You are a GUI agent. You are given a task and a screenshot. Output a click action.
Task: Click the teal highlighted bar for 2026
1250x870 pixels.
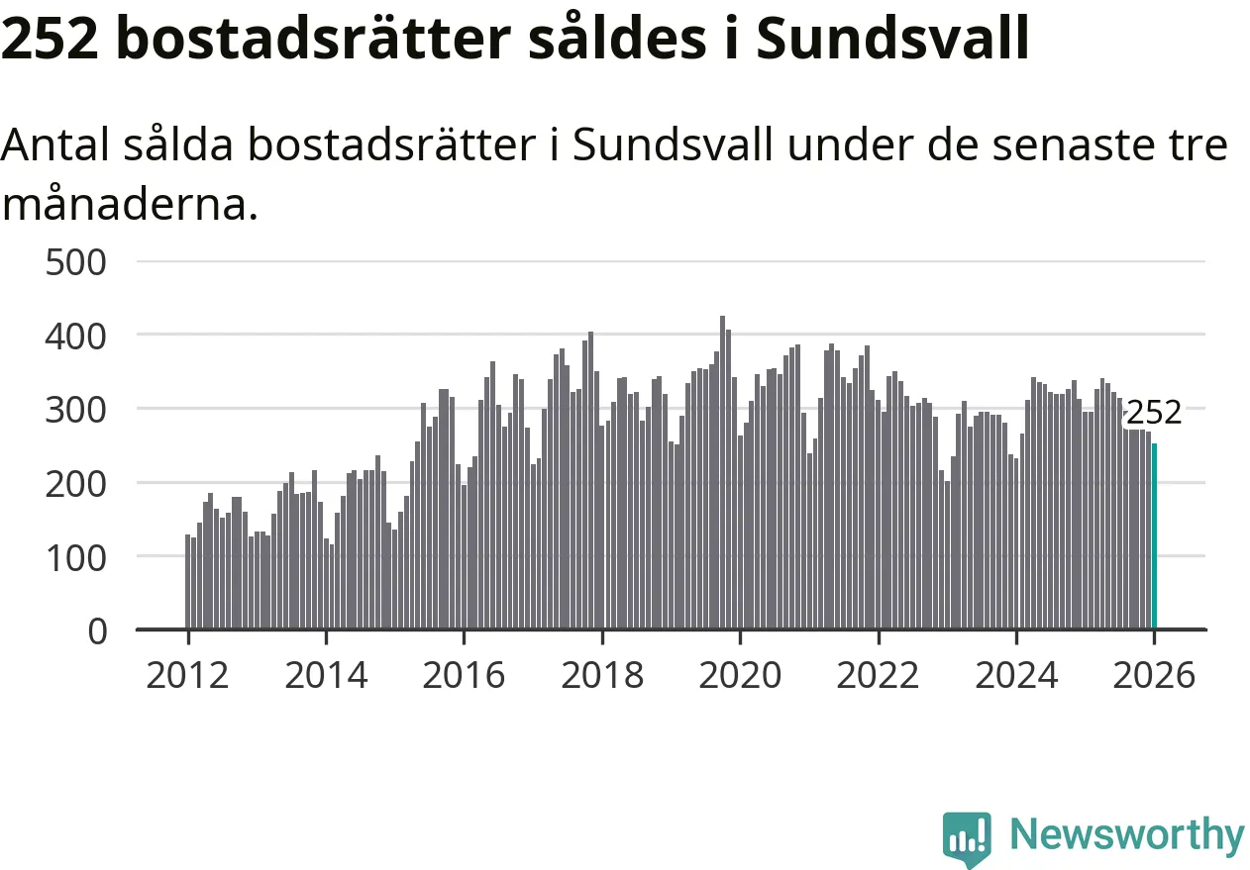[1154, 535]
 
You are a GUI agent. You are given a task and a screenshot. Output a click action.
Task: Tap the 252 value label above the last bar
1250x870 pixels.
[1154, 413]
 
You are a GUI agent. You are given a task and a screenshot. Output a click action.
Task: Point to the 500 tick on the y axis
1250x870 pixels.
[76, 262]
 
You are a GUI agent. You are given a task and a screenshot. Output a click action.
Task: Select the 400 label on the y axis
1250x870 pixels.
[76, 336]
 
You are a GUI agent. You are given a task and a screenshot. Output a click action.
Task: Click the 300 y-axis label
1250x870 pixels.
[76, 409]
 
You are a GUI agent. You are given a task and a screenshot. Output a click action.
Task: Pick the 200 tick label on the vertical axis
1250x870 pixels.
[76, 483]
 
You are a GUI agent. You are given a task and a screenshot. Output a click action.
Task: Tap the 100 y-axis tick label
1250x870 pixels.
[76, 556]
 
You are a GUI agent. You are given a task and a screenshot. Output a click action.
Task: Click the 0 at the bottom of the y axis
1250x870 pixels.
[97, 630]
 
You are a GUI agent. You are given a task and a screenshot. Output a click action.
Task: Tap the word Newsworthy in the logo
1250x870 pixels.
[1126, 834]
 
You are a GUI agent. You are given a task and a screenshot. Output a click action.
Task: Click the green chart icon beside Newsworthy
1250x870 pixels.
[966, 838]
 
